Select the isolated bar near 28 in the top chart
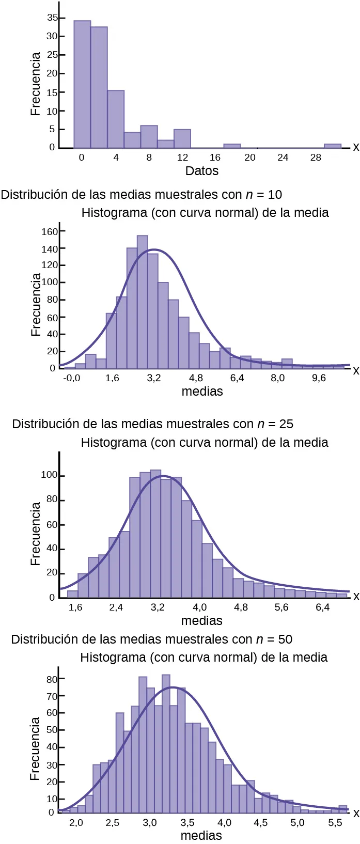click(x=332, y=146)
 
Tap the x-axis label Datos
click(x=202, y=171)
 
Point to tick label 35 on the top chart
click(x=52, y=18)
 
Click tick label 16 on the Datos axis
click(x=215, y=158)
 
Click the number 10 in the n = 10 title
click(x=275, y=195)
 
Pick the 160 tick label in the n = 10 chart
click(x=50, y=231)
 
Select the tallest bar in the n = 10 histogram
click(x=143, y=302)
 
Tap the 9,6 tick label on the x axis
click(x=319, y=378)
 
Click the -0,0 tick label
click(x=72, y=378)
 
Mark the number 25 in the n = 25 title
click(x=286, y=424)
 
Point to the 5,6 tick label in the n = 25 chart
click(x=281, y=607)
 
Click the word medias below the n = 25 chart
click(x=202, y=620)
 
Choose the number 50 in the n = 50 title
click(x=285, y=639)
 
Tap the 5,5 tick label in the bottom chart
click(x=335, y=822)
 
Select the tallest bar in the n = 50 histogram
click(x=166, y=744)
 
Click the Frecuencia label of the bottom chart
click(x=35, y=748)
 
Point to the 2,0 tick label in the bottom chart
click(x=76, y=822)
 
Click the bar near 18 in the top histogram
click(x=232, y=146)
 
